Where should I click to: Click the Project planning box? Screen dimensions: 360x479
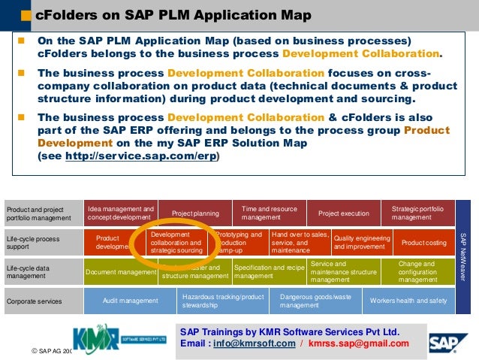tap(195, 213)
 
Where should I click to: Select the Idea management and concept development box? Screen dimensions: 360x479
tap(120, 213)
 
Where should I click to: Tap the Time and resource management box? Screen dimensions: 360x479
tap(269, 213)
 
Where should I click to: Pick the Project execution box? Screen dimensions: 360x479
tap(344, 213)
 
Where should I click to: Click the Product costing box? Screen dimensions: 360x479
tap(424, 243)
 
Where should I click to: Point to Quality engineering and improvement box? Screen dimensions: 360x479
tap(362, 242)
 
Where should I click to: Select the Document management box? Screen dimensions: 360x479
tap(121, 271)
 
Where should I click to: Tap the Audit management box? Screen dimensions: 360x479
tap(131, 301)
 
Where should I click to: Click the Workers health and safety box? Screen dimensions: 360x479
tap(408, 301)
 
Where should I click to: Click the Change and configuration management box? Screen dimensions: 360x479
tap(417, 271)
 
